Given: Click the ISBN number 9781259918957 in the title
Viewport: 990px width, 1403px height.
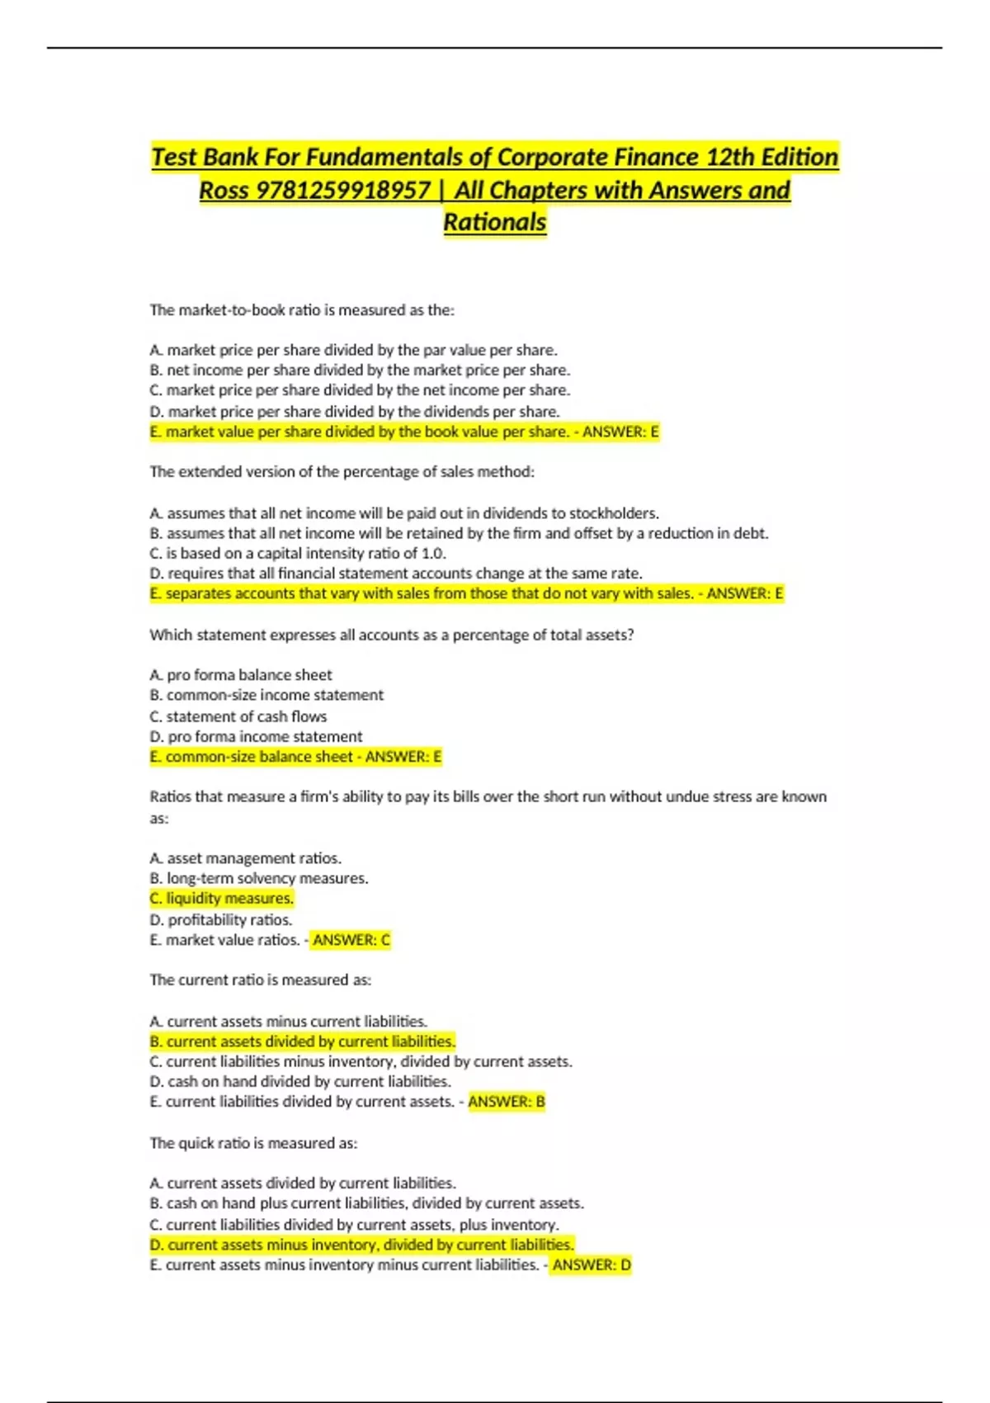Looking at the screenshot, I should click(343, 191).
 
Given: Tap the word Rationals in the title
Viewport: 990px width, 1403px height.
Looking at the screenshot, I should click(495, 223).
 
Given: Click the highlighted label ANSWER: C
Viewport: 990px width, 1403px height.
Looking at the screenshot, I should click(351, 940).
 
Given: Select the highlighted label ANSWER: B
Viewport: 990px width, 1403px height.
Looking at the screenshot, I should click(507, 1102).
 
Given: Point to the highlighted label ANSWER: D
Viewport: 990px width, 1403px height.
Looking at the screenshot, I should click(592, 1265).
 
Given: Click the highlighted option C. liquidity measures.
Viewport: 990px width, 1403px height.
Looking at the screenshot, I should click(222, 899).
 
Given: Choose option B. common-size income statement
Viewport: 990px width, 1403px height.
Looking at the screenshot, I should click(266, 696).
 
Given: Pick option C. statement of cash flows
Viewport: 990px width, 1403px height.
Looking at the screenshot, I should click(238, 716).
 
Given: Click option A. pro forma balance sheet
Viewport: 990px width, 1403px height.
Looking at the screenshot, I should click(241, 675).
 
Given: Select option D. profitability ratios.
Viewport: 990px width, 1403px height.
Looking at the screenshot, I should click(221, 919).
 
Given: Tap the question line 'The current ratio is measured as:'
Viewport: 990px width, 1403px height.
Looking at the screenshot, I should click(261, 980).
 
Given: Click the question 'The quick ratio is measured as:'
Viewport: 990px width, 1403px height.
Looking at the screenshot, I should click(253, 1144).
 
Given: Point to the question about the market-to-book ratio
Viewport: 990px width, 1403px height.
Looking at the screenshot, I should click(302, 311).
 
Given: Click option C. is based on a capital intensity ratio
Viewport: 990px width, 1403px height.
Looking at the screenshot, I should click(298, 554).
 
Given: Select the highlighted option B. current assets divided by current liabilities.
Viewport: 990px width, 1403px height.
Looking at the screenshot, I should click(303, 1042).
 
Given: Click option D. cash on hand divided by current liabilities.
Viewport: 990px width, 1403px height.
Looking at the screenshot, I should click(300, 1082).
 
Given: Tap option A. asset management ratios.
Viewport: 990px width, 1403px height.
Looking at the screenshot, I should click(246, 858).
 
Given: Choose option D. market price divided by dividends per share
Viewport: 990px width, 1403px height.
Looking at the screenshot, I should click(355, 412).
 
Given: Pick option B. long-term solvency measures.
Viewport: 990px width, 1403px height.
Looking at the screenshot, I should click(259, 879).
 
